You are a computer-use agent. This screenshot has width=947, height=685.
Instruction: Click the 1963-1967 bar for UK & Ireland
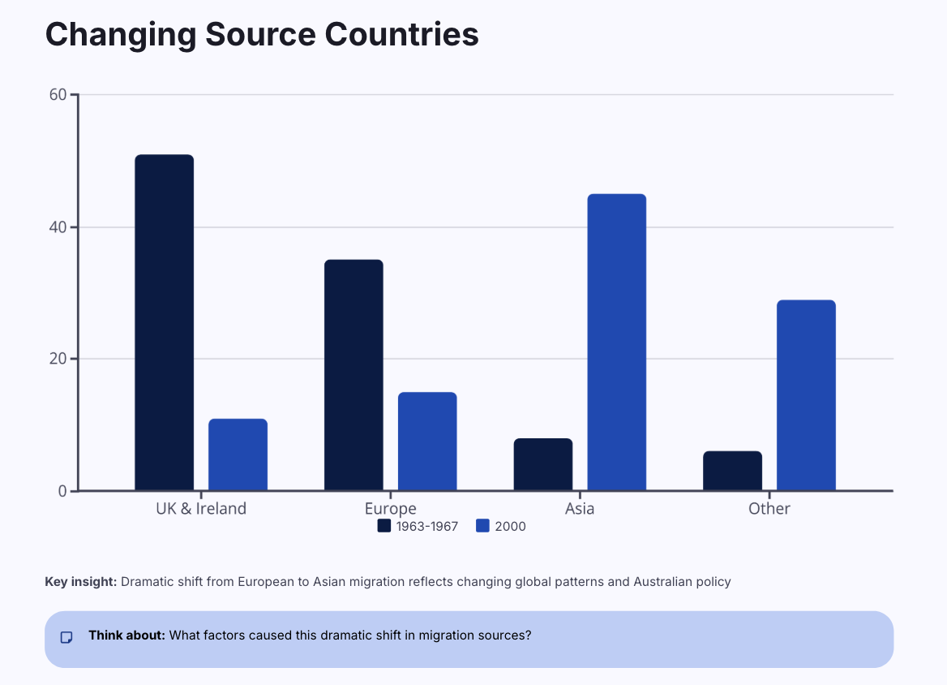click(164, 322)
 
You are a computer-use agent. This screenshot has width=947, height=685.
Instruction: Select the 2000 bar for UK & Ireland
click(238, 455)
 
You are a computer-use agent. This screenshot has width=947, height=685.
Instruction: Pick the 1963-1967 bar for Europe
click(354, 375)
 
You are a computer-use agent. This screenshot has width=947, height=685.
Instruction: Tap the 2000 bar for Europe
click(427, 442)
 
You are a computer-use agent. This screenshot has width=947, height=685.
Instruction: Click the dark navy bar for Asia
click(543, 464)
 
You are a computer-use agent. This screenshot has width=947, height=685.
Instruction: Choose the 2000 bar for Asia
click(616, 342)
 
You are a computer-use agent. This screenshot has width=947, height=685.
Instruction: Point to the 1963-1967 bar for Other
click(732, 471)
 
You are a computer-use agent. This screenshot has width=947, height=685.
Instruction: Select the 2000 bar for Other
click(806, 395)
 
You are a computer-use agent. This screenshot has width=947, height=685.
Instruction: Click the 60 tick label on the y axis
click(58, 95)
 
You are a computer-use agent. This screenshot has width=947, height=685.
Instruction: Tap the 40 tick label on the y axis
click(58, 227)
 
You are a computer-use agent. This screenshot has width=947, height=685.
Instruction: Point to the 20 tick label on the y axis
click(58, 359)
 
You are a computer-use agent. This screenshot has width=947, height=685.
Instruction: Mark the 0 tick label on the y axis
click(62, 491)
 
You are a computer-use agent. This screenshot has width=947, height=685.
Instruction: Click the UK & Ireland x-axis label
click(201, 509)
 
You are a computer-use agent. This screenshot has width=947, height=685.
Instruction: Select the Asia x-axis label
click(580, 509)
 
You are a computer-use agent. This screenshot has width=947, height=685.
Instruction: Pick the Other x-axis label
click(769, 509)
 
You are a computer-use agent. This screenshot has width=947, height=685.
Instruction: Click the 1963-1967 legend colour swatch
click(384, 526)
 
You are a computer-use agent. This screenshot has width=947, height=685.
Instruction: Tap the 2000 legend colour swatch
click(482, 526)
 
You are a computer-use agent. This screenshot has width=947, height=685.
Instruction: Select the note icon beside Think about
click(67, 637)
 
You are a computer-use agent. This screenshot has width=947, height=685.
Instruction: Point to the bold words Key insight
click(81, 582)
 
